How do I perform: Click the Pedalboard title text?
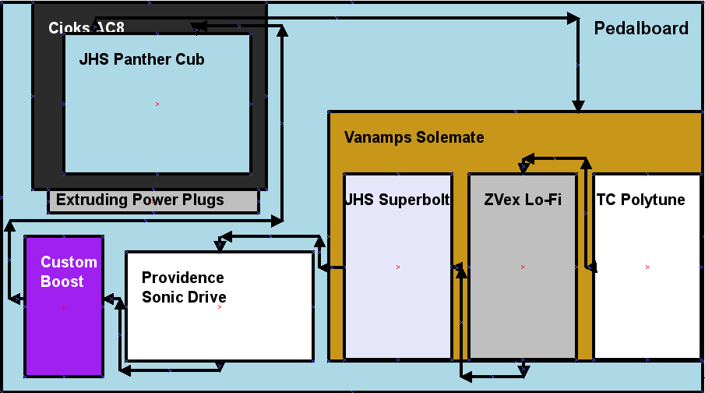click(641, 29)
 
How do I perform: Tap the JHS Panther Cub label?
click(142, 59)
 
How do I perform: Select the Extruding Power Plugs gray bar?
click(153, 200)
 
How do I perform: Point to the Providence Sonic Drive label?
click(183, 288)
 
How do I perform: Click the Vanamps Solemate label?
click(414, 137)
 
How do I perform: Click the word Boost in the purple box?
click(62, 281)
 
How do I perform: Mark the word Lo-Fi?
click(544, 200)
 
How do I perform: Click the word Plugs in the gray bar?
click(202, 200)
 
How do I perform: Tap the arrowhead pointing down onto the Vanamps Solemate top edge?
click(578, 104)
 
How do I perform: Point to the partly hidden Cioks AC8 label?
click(86, 28)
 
